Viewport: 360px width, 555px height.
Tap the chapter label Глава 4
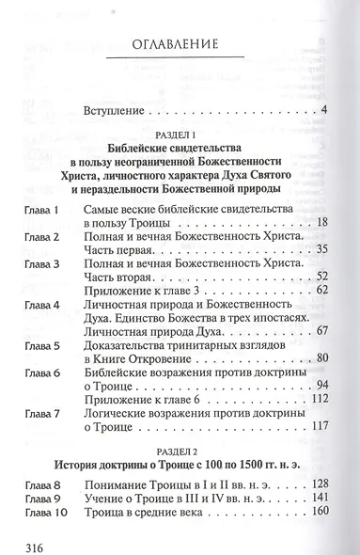(x=42, y=306)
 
